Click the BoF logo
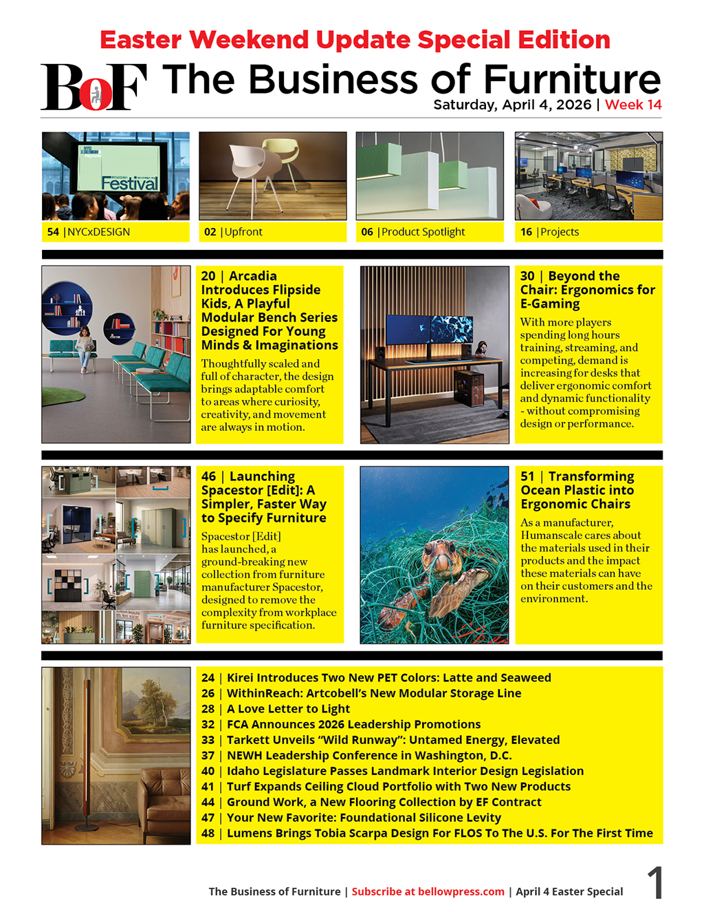click(93, 87)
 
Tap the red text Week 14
click(633, 105)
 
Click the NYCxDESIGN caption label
click(98, 232)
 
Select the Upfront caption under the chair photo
click(243, 232)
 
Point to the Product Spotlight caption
click(423, 232)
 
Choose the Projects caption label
click(559, 232)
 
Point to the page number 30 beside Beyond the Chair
click(527, 276)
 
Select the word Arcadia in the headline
click(252, 276)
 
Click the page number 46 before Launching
click(208, 476)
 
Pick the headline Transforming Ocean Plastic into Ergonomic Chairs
click(577, 490)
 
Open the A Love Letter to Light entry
click(288, 709)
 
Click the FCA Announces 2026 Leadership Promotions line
click(353, 724)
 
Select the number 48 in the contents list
click(208, 833)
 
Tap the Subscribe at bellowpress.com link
click(428, 891)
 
